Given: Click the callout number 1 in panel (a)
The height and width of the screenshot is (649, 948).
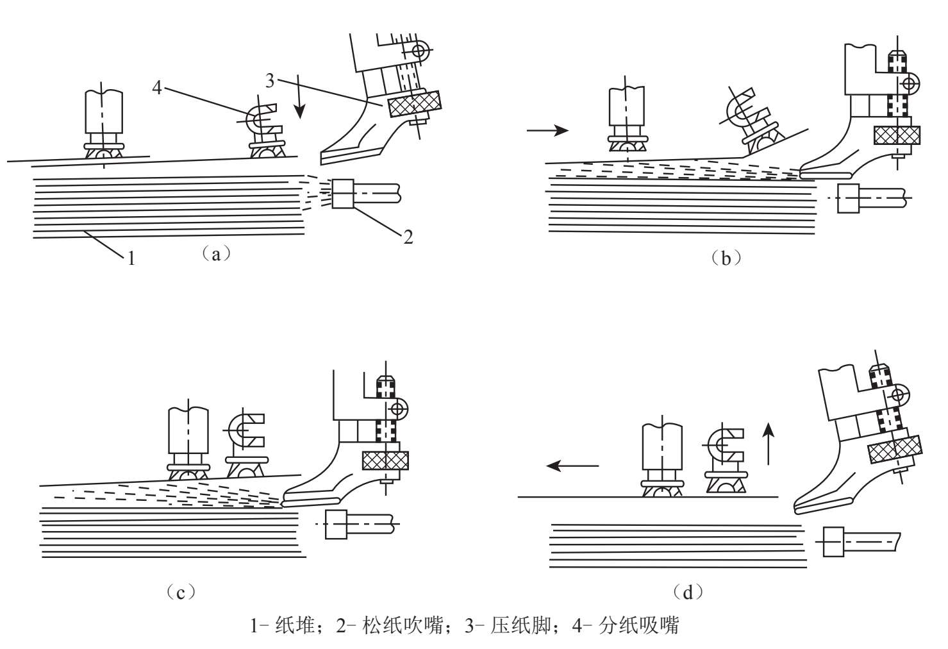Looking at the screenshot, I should pyautogui.click(x=131, y=258).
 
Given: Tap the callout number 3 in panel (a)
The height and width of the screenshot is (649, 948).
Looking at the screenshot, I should pyautogui.click(x=270, y=81).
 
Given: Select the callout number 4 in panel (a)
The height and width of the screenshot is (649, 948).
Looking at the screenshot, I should pyautogui.click(x=157, y=87).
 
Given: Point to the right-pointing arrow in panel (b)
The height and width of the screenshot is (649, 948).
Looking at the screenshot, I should pyautogui.click(x=547, y=131).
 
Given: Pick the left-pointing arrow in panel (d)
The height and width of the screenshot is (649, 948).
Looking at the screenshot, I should pyautogui.click(x=572, y=466).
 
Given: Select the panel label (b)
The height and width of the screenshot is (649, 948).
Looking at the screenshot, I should pyautogui.click(x=726, y=258).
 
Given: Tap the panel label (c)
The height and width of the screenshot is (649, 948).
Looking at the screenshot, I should pyautogui.click(x=181, y=591).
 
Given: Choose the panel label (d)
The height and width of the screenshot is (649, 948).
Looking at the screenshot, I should pyautogui.click(x=688, y=591).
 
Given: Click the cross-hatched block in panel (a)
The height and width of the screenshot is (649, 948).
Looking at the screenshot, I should pyautogui.click(x=414, y=103).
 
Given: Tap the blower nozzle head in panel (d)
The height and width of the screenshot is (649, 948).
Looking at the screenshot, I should pyautogui.click(x=833, y=542).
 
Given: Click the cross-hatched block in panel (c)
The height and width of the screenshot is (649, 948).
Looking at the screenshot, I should pyautogui.click(x=385, y=460).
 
